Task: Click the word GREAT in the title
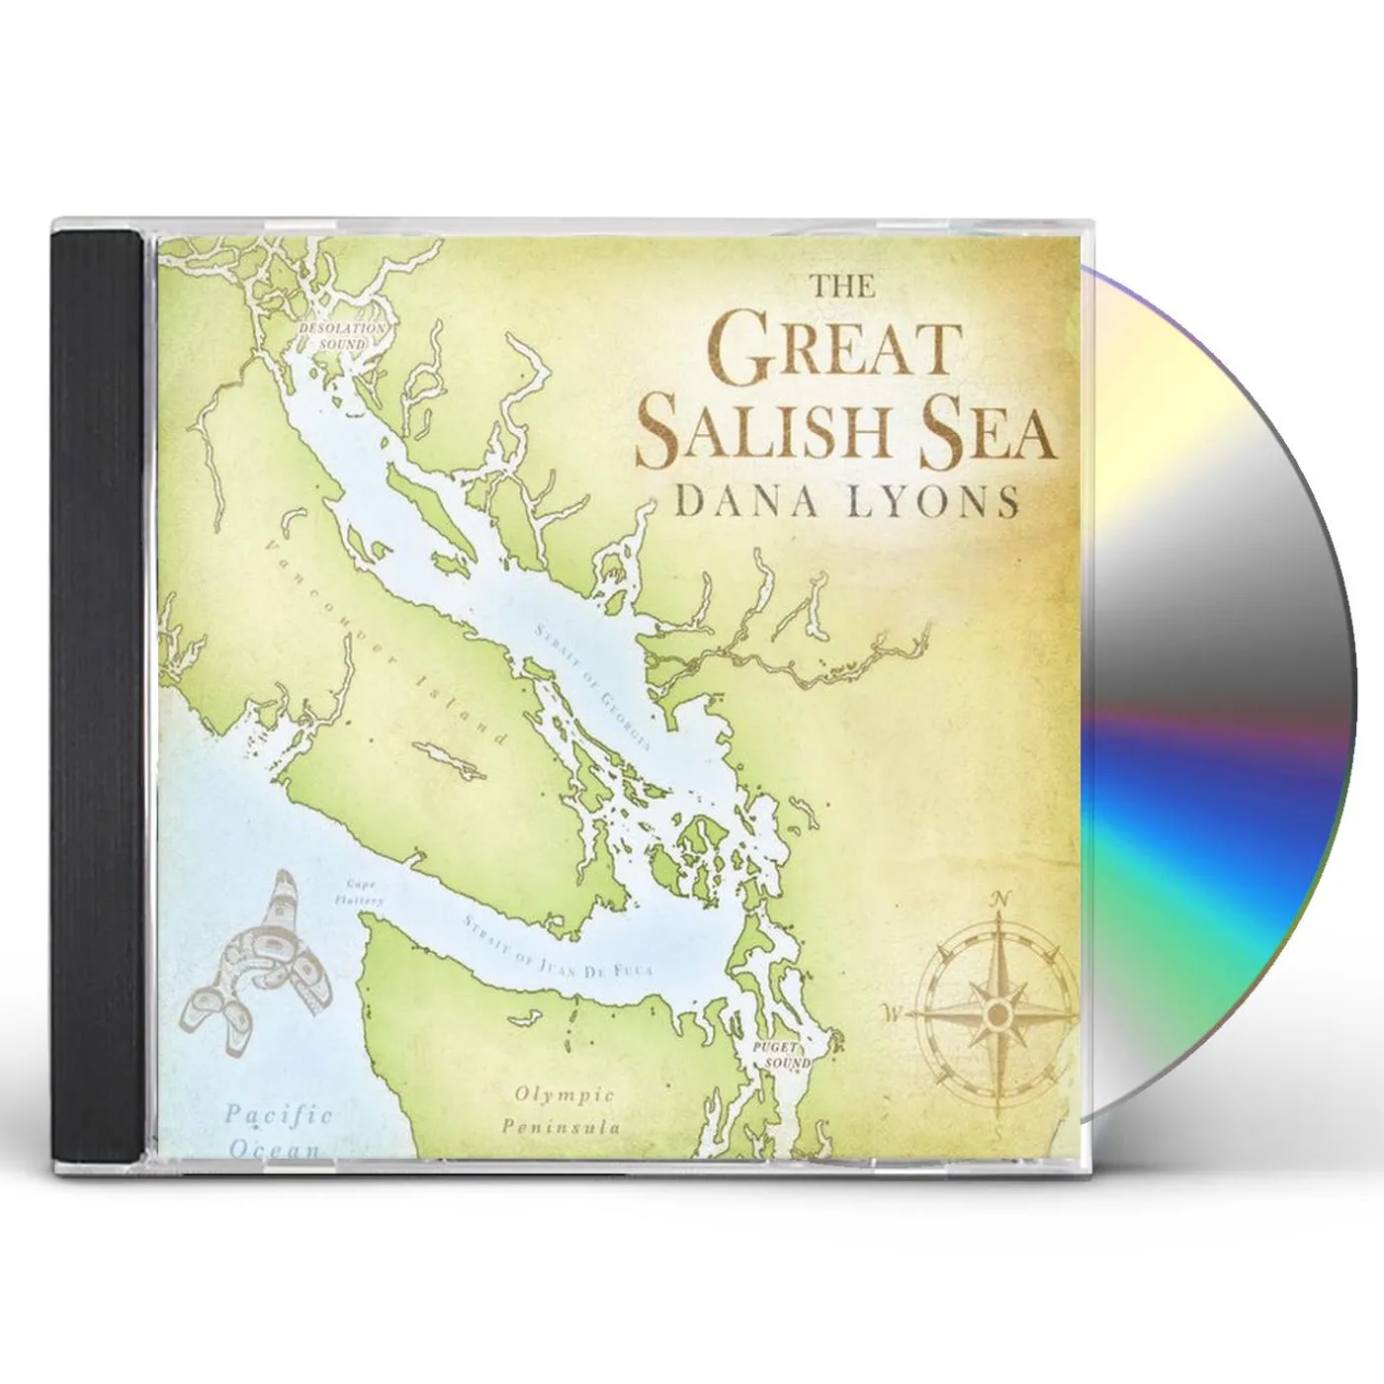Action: click(833, 353)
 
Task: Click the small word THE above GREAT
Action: click(842, 287)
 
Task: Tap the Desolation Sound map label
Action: click(343, 335)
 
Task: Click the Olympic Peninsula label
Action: click(562, 1109)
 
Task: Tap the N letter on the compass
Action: click(1001, 898)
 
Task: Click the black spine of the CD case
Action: click(95, 692)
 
